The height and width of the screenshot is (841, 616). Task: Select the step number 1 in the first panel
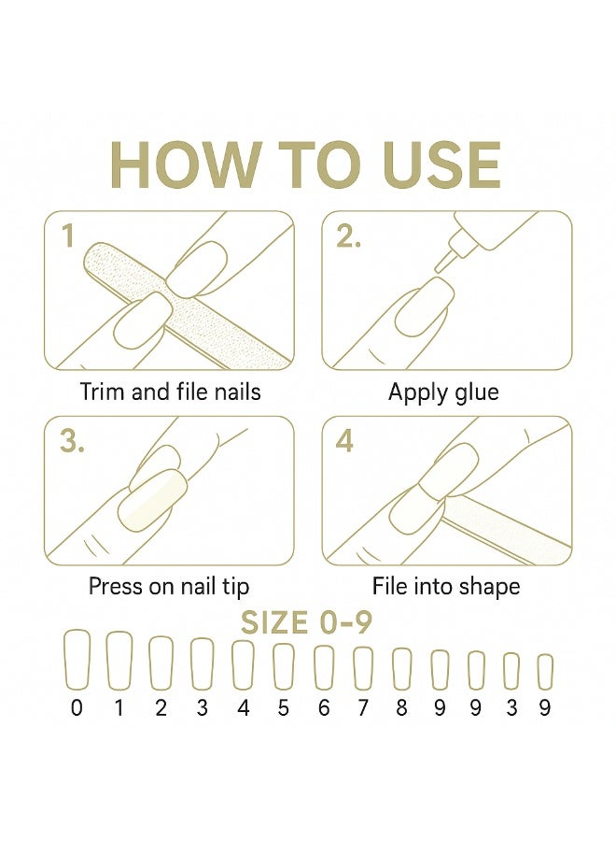[x=67, y=236]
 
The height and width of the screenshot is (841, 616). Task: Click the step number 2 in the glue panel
[x=348, y=236]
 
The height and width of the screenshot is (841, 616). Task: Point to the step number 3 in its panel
[x=72, y=441]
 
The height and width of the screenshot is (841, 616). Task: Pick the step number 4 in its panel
[x=344, y=441]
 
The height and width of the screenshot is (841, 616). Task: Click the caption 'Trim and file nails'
[x=171, y=392]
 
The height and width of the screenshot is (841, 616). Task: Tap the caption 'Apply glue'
[x=443, y=393]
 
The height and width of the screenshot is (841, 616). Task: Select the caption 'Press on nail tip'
[x=169, y=587]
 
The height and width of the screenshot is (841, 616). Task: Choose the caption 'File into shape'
[x=446, y=587]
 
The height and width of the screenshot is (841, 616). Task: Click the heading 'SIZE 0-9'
[x=306, y=623]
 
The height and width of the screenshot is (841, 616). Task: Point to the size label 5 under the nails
[x=284, y=708]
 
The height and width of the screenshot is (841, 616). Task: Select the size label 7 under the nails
[x=363, y=708]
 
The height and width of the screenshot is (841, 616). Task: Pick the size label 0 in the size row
[x=77, y=708]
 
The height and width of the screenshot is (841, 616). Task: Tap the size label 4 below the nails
[x=244, y=708]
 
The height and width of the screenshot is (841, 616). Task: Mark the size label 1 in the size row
[x=119, y=708]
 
